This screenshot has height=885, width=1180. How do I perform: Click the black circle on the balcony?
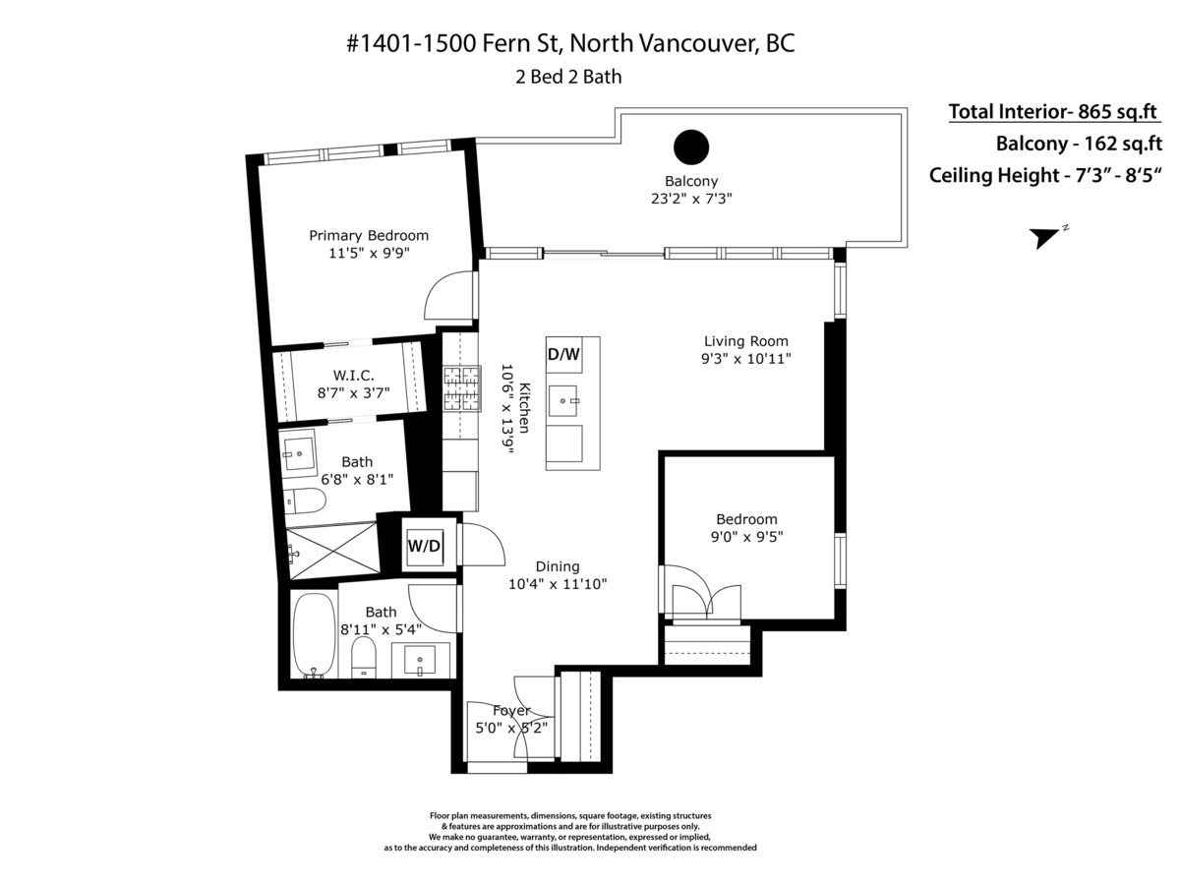coord(691,147)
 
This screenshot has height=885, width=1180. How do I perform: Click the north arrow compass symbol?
coord(1045,237)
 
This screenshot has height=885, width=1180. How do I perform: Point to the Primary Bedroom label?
coord(369,235)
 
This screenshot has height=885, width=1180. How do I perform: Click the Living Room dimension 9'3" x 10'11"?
coord(745,359)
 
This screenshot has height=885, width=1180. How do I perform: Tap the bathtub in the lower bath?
coord(314,634)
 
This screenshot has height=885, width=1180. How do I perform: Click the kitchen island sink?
coord(563,397)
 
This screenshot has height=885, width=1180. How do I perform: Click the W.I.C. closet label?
coord(354,375)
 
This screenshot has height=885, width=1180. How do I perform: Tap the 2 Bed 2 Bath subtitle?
coord(568,77)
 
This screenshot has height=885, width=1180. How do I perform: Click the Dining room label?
coord(557,566)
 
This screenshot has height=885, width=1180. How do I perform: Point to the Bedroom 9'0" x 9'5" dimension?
coord(746,537)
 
